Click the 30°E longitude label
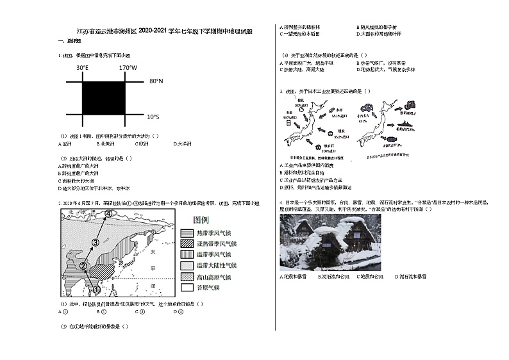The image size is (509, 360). [x=83, y=67]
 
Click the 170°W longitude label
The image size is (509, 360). [x=128, y=67]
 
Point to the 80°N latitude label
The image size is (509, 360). [x=156, y=82]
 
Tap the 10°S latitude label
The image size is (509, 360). [x=153, y=117]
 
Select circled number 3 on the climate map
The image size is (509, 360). [x=96, y=242]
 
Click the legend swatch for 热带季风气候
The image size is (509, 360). [x=188, y=233]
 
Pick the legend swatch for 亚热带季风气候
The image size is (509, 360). [x=188, y=244]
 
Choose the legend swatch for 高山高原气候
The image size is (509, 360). [x=188, y=277]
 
